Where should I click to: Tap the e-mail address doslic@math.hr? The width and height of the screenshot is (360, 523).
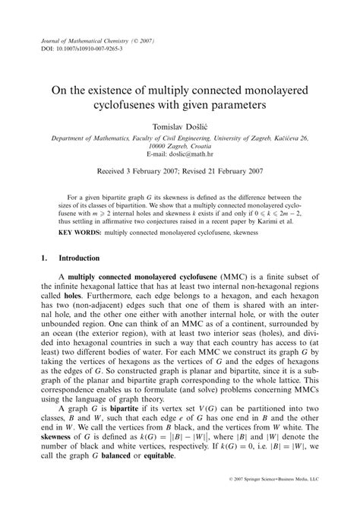coord(191,151)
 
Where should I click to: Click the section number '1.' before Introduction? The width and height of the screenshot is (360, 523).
coord(44,258)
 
